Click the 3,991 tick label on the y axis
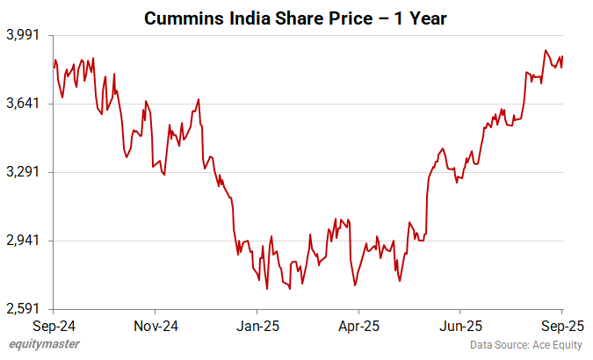coord(24,35)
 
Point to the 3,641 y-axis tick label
coord(24,104)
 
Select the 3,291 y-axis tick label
coord(24,172)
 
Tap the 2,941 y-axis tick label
coord(24,241)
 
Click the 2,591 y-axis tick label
coord(24,309)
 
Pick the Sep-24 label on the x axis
coord(54,326)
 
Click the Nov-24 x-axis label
coord(155,326)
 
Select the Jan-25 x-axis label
coord(257,326)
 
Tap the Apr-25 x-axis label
coord(358,326)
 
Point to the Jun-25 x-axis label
coord(460,326)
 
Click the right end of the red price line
coord(562,57)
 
